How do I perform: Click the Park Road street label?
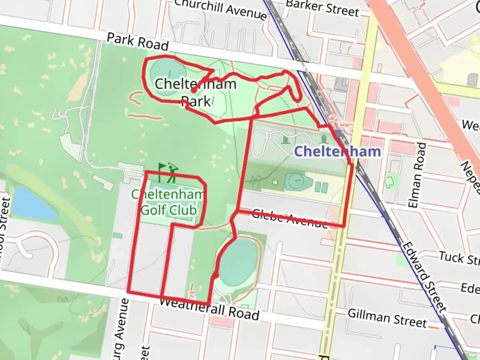[x=137, y=42]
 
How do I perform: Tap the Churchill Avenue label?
[x=220, y=9]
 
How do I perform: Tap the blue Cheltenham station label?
[x=337, y=151]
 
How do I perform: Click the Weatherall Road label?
[x=209, y=309]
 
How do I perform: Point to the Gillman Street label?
[x=387, y=318]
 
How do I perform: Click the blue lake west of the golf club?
[x=33, y=203]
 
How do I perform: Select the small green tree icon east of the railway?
[x=389, y=182]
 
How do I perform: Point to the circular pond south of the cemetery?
[x=297, y=182]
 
